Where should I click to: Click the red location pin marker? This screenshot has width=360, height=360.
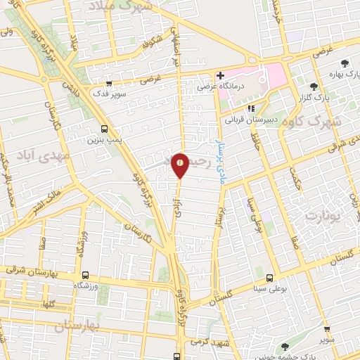tap(181, 165)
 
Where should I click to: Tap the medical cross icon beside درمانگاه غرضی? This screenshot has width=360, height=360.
tap(220, 75)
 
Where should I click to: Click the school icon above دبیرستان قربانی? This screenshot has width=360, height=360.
tap(251, 108)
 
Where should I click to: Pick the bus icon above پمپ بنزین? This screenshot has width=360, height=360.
tap(105, 129)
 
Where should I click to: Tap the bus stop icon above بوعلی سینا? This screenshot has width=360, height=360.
tap(270, 278)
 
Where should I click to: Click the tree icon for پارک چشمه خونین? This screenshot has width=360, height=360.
tap(284, 346)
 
